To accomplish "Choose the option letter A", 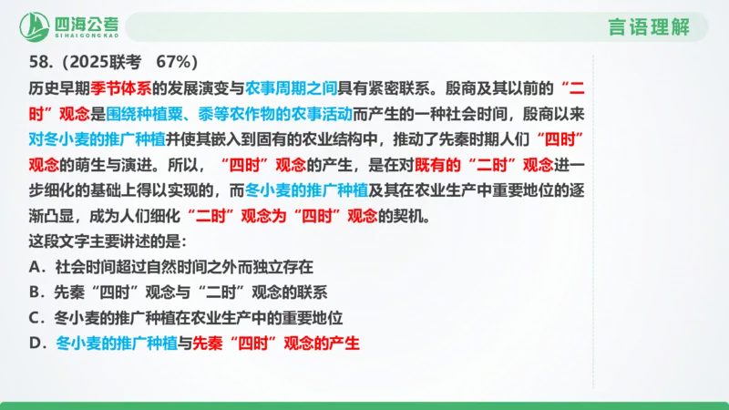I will pyautogui.click(x=36, y=268).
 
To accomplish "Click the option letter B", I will pyautogui.click(x=36, y=293).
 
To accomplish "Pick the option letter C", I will pyautogui.click(x=36, y=319).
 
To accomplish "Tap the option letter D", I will pyautogui.click(x=36, y=344).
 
